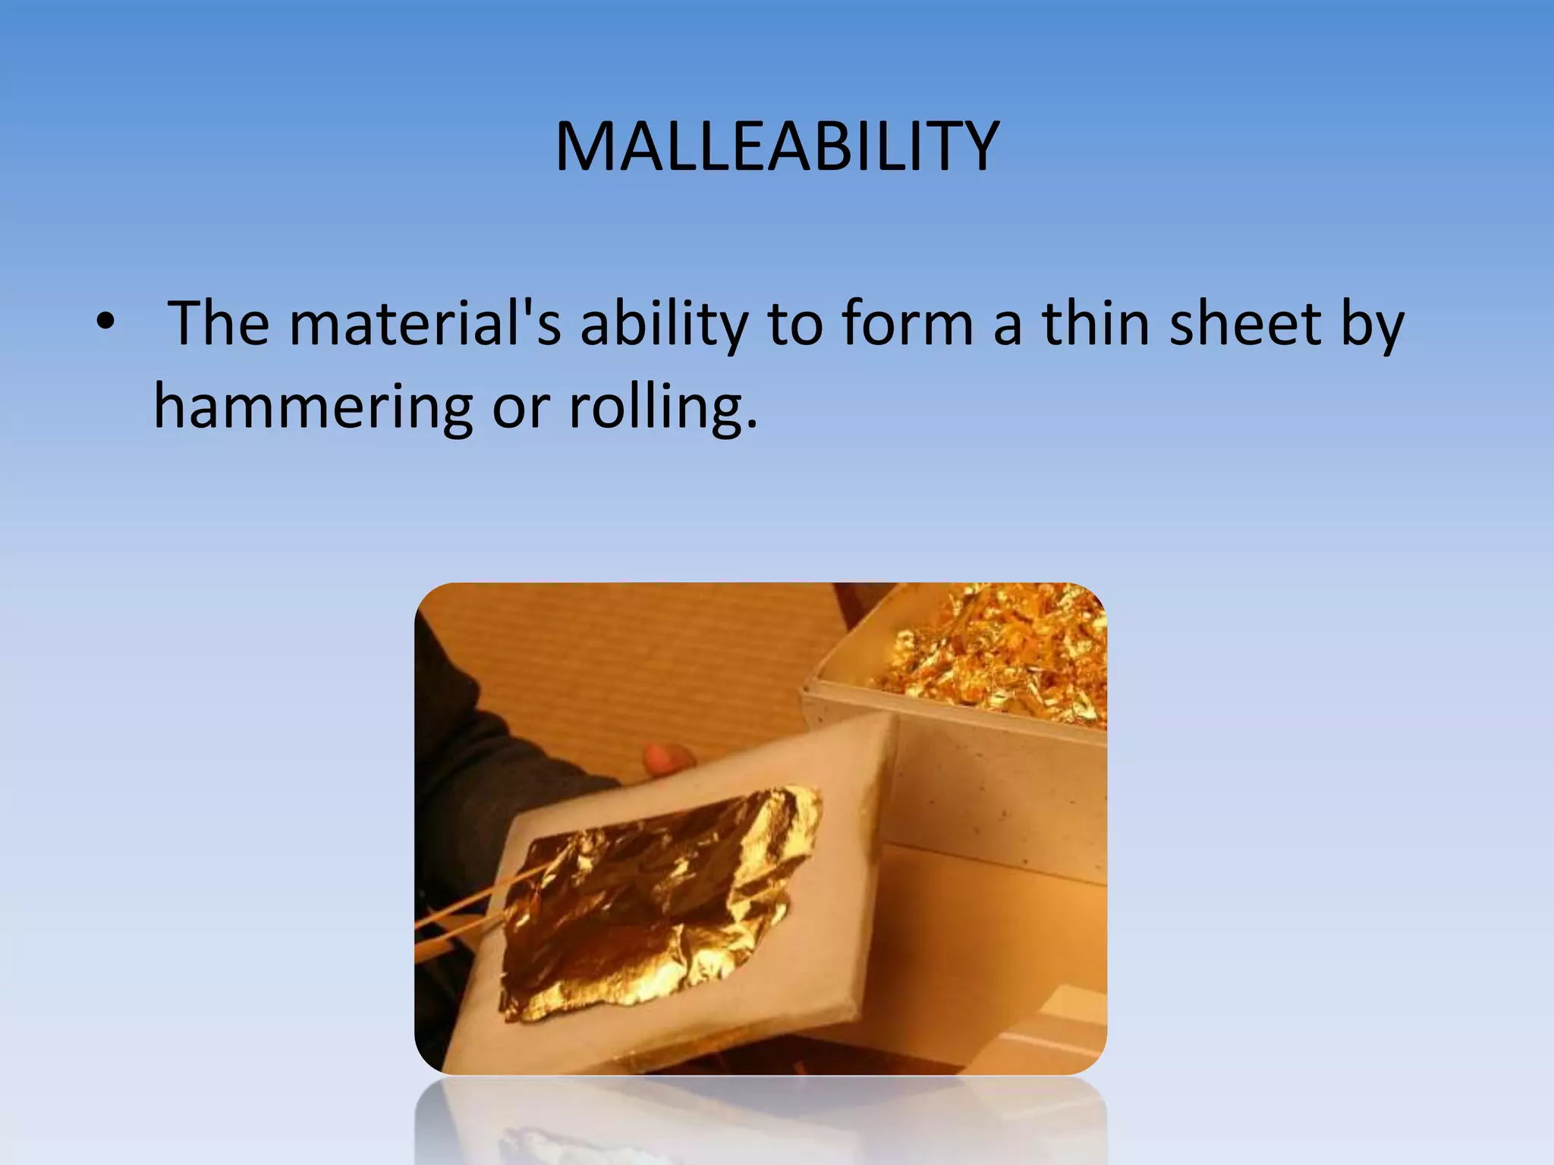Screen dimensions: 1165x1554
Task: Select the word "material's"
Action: click(x=425, y=324)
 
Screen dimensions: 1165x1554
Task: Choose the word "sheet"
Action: click(x=1244, y=324)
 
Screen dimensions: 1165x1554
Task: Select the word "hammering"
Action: click(x=313, y=408)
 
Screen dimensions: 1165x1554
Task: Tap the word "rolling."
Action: click(x=662, y=408)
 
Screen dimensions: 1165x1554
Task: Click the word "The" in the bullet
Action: click(x=219, y=324)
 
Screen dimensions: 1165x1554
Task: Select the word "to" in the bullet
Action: click(x=795, y=324)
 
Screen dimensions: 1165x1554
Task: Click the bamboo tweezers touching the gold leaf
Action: click(x=470, y=903)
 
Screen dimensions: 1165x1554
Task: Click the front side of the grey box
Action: click(x=994, y=781)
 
